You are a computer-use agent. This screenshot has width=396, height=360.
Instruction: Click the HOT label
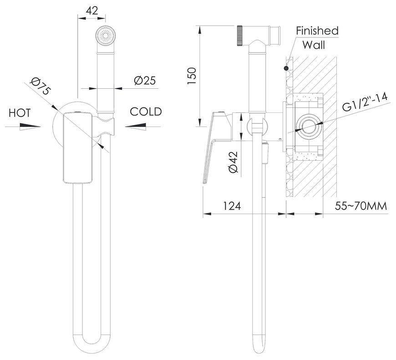pyautogui.click(x=20, y=113)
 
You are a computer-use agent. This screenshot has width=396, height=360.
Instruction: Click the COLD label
pyautogui.click(x=146, y=112)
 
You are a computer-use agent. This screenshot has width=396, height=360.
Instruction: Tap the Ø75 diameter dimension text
pyautogui.click(x=41, y=86)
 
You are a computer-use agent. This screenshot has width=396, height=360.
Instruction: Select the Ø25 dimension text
pyautogui.click(x=145, y=81)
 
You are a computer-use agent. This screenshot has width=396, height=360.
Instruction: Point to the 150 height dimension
pyautogui.click(x=192, y=76)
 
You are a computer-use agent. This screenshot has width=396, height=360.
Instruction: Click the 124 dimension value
pyautogui.click(x=232, y=206)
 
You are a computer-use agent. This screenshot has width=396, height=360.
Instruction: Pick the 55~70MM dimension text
pyautogui.click(x=361, y=206)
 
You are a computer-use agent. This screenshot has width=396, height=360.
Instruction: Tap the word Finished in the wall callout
pyautogui.click(x=317, y=31)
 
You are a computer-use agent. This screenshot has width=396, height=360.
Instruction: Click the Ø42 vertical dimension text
pyautogui.click(x=234, y=162)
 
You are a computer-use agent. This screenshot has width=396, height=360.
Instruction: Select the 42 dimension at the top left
pyautogui.click(x=92, y=10)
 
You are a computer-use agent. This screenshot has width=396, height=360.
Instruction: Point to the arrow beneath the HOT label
pyautogui.click(x=30, y=127)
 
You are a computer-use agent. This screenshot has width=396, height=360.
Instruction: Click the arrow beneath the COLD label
pyautogui.click(x=136, y=127)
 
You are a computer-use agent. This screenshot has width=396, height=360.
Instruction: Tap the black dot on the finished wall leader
pyautogui.click(x=286, y=68)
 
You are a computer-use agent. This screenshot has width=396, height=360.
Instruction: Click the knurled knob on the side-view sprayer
pyautogui.click(x=240, y=35)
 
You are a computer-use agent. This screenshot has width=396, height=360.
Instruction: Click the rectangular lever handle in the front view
pyautogui.click(x=78, y=147)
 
